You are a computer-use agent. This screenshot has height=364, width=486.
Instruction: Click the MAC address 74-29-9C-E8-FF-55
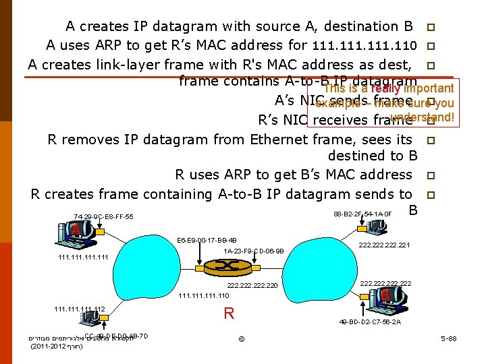103,216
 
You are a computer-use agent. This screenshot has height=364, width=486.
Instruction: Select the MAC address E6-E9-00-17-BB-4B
206,240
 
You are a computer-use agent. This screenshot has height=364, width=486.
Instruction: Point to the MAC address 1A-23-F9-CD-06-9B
254,251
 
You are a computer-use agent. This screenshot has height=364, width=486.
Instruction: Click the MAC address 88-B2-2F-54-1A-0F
362,214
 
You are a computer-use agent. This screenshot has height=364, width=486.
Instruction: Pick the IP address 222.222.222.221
385,246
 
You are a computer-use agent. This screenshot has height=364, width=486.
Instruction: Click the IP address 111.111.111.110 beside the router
203,295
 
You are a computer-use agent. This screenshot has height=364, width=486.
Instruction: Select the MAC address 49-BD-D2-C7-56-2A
370,322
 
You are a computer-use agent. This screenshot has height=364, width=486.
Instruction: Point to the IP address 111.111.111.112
79,309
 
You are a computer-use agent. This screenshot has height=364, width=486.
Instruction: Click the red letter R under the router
229,313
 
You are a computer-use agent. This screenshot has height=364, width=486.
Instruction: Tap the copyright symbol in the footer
242,338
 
